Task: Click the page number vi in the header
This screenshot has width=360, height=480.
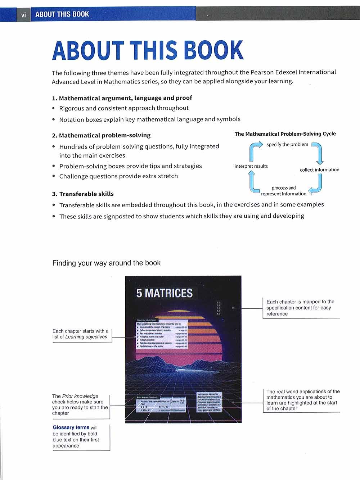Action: tap(23, 15)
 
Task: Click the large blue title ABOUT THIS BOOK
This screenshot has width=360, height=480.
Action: tap(148, 50)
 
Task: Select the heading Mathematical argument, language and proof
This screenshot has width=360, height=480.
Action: tap(125, 98)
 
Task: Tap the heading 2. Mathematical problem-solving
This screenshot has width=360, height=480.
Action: tap(101, 135)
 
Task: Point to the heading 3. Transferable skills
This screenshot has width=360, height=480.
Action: tap(83, 194)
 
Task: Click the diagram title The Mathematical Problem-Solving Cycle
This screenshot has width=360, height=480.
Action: tap(285, 134)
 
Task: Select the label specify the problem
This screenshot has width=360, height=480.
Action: tap(287, 145)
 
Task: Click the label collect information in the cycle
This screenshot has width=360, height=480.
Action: tap(319, 170)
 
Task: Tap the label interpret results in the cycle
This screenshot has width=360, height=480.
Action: tap(251, 166)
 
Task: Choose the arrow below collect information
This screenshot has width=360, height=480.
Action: tap(316, 185)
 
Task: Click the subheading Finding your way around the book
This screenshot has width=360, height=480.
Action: tap(106, 263)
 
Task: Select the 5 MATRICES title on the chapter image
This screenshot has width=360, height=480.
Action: tap(165, 293)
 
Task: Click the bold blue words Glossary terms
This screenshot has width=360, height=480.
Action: tap(71, 427)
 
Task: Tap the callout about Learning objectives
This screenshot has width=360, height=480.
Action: tap(80, 334)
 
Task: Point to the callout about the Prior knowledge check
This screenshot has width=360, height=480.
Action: tap(80, 405)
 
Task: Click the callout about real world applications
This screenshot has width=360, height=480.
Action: tap(303, 400)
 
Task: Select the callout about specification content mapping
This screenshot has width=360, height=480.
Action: tap(300, 308)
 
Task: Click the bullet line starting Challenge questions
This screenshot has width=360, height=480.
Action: tap(118, 176)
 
